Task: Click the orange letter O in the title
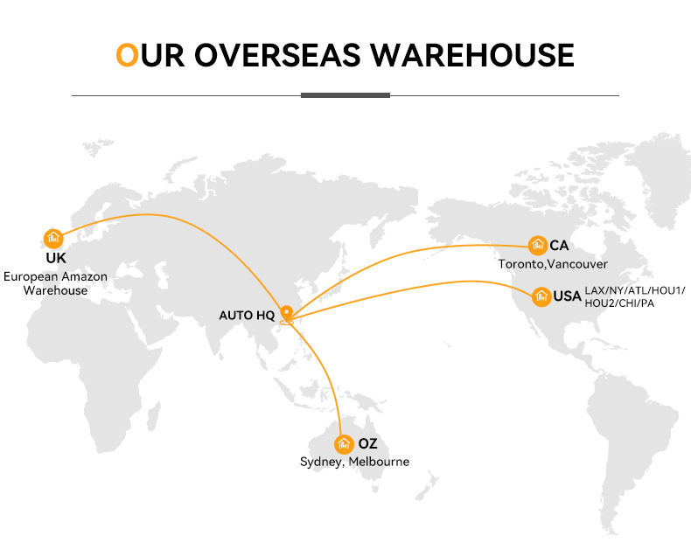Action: coord(127,54)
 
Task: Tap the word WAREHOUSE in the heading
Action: coord(471,54)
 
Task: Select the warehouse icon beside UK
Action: coord(53,238)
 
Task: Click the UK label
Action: coord(56,258)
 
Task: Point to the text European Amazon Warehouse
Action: coord(56,283)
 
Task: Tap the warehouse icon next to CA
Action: coord(538,246)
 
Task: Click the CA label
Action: coord(559,246)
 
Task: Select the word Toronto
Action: coord(521,263)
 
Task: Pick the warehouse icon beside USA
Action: coord(541,296)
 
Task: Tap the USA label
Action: coord(567,296)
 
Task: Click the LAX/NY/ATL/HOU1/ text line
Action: coord(635,290)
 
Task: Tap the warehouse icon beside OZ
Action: coord(344,443)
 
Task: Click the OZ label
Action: coord(368,443)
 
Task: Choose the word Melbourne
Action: coord(379,462)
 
